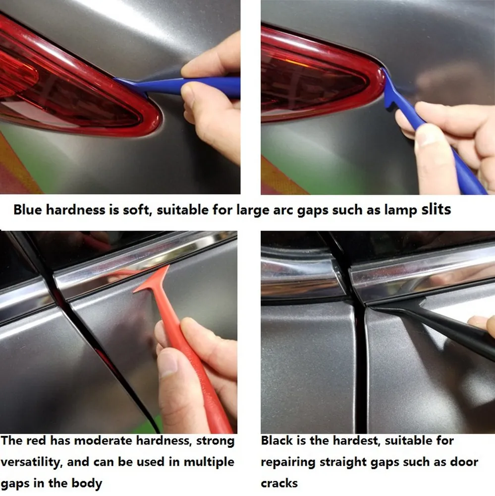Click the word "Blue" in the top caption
28,210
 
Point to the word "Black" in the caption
276,440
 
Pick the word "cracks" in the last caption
279,483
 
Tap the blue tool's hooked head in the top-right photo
390,92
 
